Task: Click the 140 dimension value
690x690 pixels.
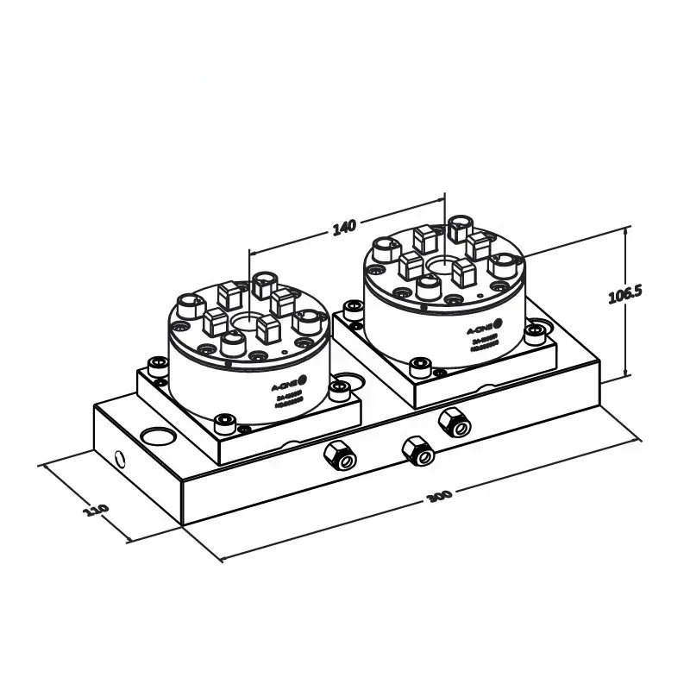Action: [343, 228]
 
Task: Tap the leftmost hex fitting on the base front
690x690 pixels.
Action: [337, 455]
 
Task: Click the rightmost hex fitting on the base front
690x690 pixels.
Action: [454, 423]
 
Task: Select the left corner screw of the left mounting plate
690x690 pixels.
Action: [156, 366]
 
